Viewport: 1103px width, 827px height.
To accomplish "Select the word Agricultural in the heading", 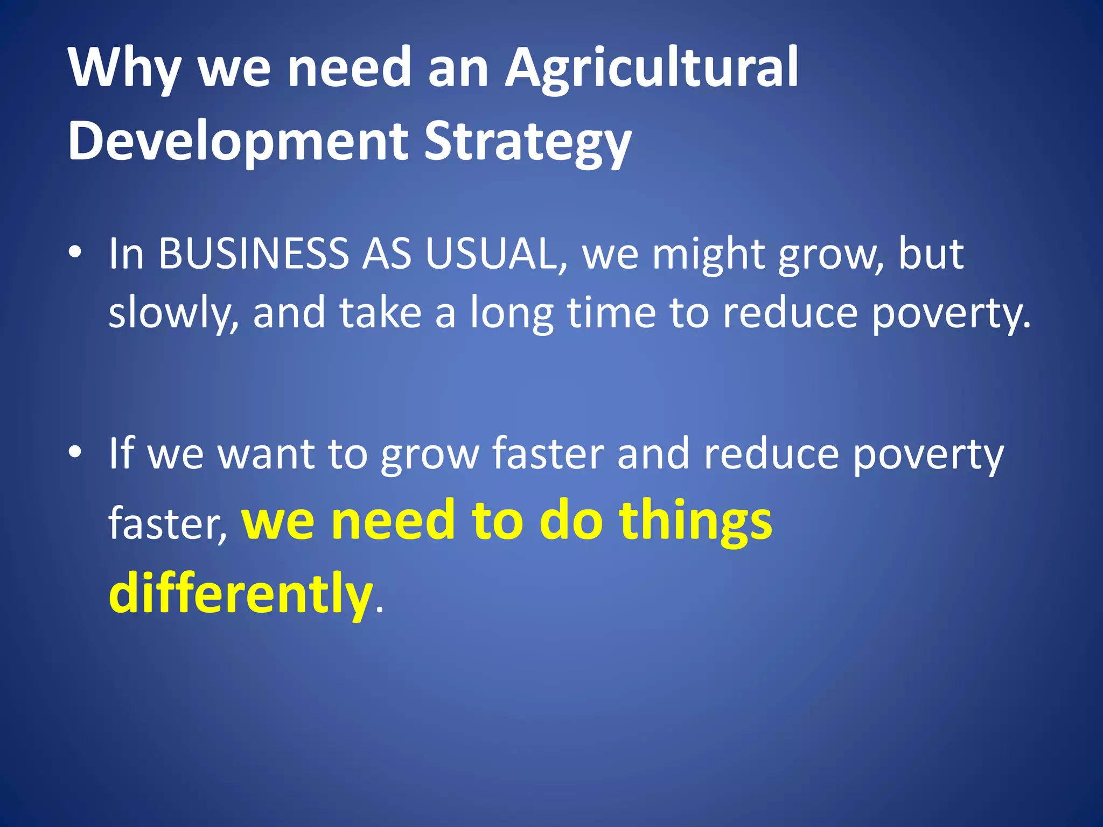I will click(651, 68).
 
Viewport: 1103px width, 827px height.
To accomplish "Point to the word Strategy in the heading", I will click(527, 141).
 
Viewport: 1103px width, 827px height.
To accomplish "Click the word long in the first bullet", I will click(512, 313).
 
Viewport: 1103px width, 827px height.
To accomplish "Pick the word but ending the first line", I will click(931, 254).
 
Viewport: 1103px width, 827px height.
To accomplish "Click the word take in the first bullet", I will click(380, 313).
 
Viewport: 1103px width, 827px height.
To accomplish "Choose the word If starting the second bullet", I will click(121, 454).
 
